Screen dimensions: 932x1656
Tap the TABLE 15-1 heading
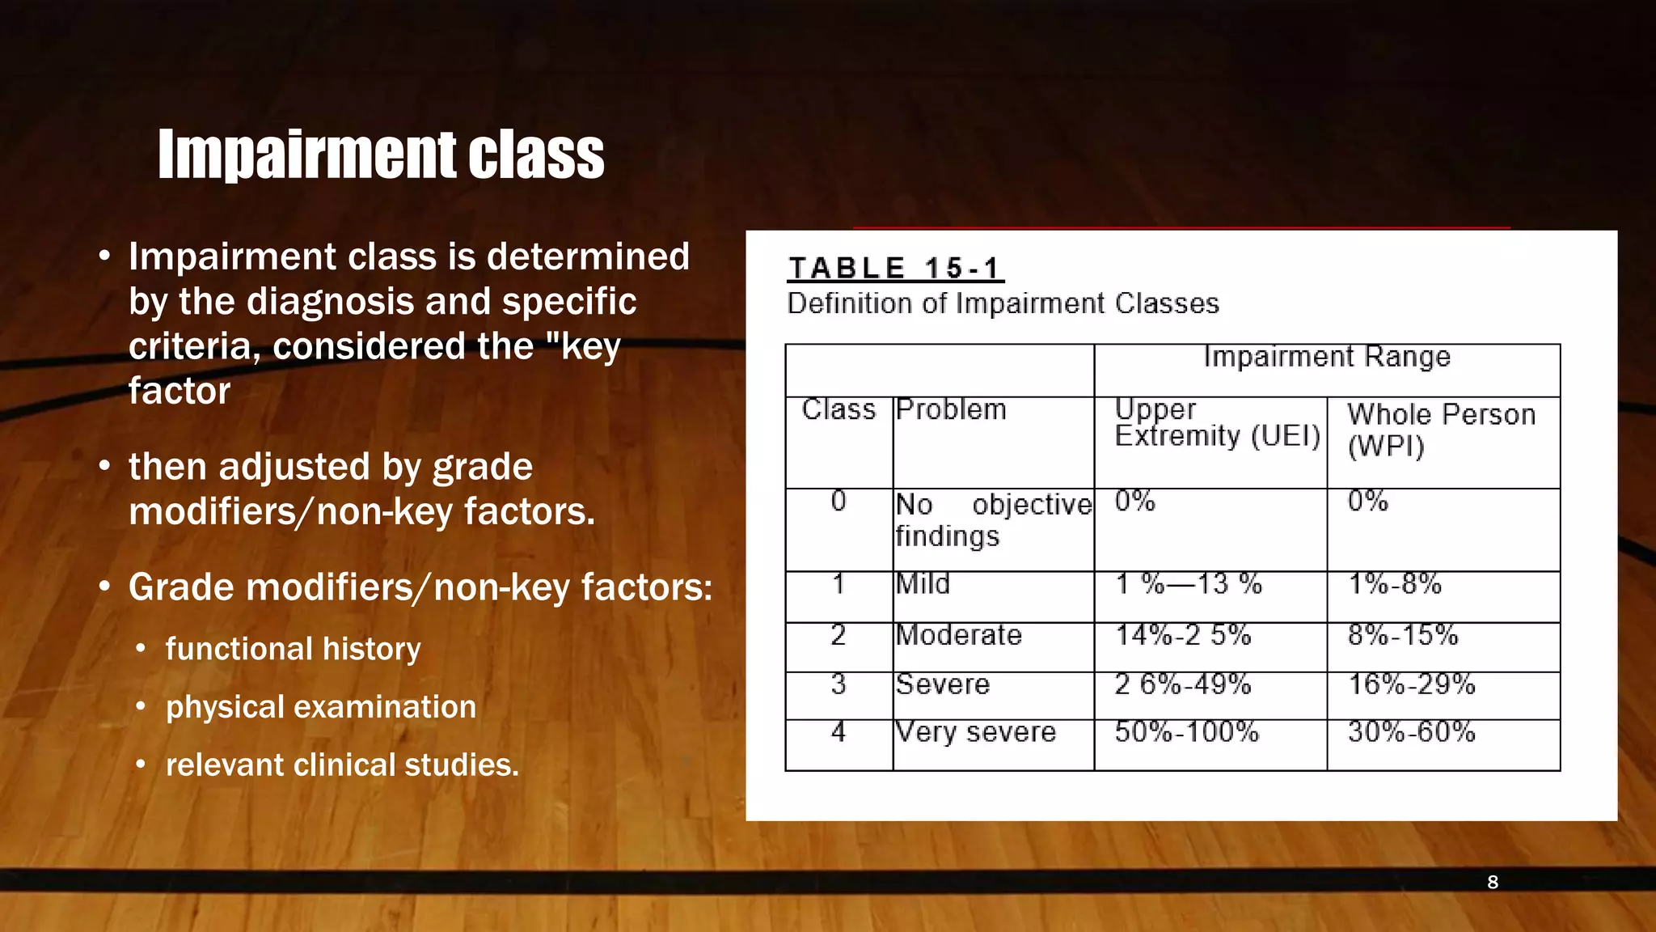(894, 268)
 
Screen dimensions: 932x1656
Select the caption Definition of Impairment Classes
(1003, 303)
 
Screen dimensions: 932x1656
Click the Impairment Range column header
(1326, 357)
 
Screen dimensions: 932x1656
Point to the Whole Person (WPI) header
(1441, 430)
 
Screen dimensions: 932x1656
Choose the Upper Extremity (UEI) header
(1216, 423)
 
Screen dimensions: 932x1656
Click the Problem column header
(951, 409)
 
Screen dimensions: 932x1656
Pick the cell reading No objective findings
(993, 520)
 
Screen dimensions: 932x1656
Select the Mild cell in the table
(923, 583)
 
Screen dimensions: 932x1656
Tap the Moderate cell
(958, 635)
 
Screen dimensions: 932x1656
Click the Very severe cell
(976, 732)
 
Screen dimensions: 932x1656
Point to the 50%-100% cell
(1186, 732)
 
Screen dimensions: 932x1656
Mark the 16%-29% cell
(1411, 684)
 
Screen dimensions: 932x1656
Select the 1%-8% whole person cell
(1394, 583)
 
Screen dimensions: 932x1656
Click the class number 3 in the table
(839, 684)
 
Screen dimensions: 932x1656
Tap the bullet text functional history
(293, 649)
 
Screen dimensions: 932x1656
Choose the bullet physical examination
(321, 707)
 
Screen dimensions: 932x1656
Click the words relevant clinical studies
(342, 765)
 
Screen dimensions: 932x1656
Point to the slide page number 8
(1493, 882)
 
